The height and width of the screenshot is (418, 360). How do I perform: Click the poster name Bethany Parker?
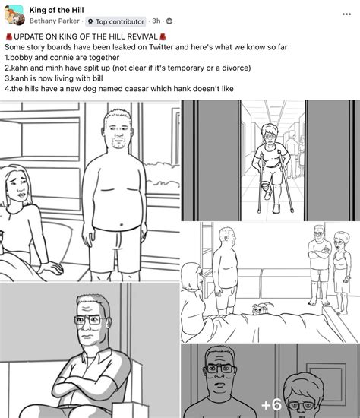(x=55, y=22)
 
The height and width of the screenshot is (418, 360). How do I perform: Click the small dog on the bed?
(x=259, y=307)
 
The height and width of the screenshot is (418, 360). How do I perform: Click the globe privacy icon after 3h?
(x=169, y=22)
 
